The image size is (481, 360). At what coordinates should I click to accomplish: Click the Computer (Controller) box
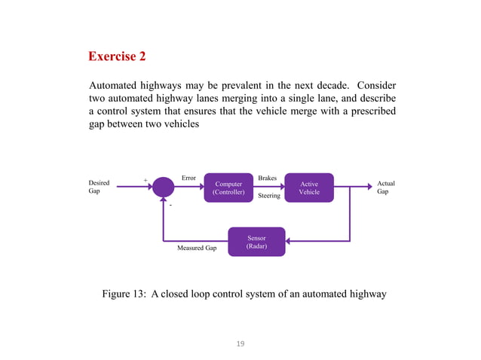[228, 188]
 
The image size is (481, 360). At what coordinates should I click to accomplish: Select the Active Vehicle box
[309, 188]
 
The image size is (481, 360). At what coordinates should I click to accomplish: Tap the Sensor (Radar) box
[256, 242]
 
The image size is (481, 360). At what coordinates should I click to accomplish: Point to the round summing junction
[163, 188]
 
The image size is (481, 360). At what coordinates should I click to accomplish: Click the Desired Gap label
[99, 188]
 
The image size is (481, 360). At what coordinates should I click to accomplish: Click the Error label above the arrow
[188, 178]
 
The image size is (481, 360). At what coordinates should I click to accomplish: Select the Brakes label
[268, 178]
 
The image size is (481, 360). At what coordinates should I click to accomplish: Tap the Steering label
[269, 196]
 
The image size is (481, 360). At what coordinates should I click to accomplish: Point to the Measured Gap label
[197, 247]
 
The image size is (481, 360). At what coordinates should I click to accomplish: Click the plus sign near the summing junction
[146, 181]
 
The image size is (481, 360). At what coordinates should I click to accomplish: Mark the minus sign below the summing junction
[170, 204]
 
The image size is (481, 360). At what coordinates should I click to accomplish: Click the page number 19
[240, 344]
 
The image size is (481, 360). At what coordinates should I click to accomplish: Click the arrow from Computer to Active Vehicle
[267, 188]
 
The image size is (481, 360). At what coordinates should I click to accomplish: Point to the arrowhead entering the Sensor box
[289, 242]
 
